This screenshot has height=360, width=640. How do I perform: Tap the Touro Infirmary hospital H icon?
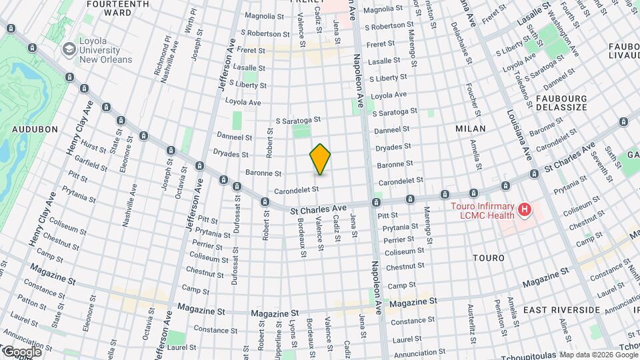(x=525, y=211)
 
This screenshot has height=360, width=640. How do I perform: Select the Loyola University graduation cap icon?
(x=69, y=49)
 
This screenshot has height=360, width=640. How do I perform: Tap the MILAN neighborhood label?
(x=470, y=128)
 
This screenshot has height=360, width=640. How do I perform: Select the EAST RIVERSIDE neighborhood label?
(x=561, y=311)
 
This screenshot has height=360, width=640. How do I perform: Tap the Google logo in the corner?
(x=21, y=351)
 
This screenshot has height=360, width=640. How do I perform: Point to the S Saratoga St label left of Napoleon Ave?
(x=298, y=120)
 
